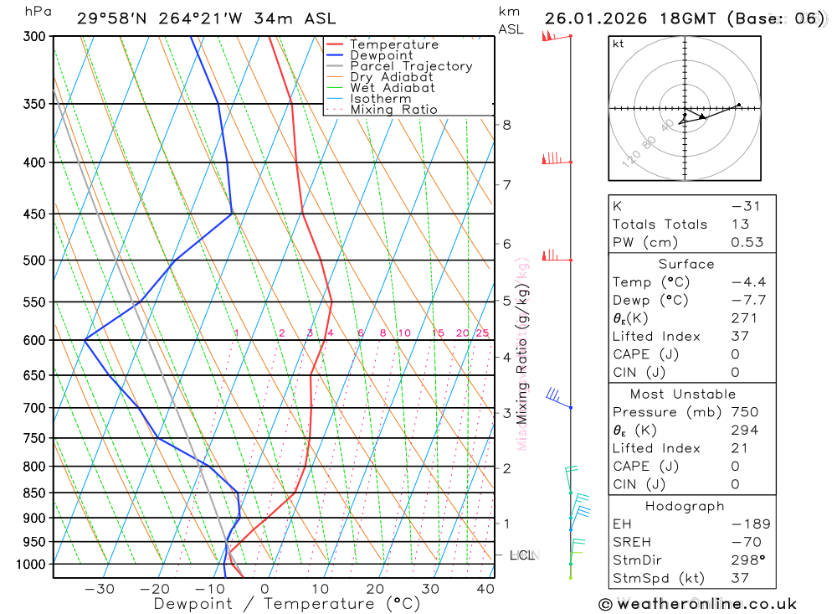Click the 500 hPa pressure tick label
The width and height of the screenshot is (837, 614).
coord(34,261)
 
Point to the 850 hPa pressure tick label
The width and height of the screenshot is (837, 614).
coord(34,493)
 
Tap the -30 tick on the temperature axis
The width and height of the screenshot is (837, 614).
coord(100,589)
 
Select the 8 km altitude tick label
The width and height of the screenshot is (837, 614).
coord(506,125)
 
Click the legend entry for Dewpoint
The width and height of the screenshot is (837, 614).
coord(381,55)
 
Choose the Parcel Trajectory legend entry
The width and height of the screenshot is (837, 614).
coord(410,66)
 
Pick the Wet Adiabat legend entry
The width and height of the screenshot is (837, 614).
coord(392,88)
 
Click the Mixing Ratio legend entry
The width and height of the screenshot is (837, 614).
coord(393,110)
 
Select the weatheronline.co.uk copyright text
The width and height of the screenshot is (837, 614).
coord(697,604)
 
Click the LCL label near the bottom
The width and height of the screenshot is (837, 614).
coord(521,555)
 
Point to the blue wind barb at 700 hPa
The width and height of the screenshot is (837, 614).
coord(555,395)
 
